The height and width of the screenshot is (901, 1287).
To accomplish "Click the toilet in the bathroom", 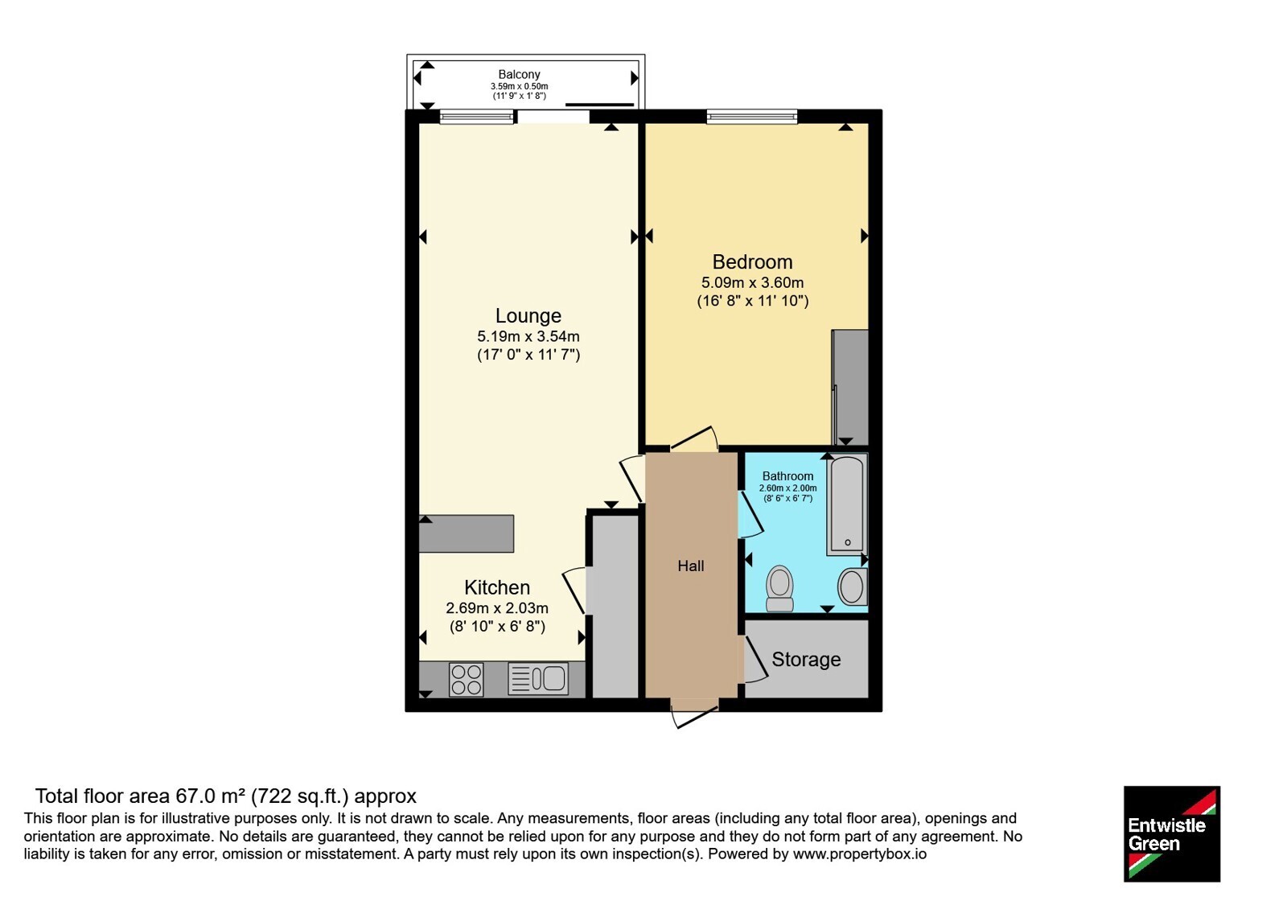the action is (779, 589).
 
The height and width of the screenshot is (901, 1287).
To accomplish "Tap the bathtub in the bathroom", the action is (847, 504).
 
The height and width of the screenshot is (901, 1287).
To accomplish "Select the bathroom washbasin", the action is (853, 586).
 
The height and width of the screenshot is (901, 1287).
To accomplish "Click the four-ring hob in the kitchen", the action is (466, 680).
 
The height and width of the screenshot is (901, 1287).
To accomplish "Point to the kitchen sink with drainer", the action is (538, 679).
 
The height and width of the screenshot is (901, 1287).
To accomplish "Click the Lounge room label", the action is (528, 315).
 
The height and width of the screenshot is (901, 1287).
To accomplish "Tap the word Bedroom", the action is (752, 262).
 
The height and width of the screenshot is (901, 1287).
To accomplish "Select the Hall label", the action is (691, 566).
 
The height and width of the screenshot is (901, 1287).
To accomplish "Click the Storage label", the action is (806, 660).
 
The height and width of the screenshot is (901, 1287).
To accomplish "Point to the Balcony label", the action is (519, 74).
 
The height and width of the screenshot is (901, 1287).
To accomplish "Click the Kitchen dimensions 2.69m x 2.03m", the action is (497, 608).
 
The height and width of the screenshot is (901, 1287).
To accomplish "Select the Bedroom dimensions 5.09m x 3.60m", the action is (752, 282).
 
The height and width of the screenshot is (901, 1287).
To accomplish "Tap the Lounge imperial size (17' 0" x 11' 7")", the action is (528, 355).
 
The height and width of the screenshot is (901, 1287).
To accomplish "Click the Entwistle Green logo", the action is (1172, 833).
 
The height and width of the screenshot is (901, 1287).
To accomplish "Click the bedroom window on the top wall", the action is (752, 117).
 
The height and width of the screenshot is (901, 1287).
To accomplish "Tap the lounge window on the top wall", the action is (476, 117).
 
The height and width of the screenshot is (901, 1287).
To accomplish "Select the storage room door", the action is (755, 659).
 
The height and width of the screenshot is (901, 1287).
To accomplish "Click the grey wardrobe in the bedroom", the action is (849, 387).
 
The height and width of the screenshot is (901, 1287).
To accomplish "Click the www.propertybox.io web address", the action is (860, 854).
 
